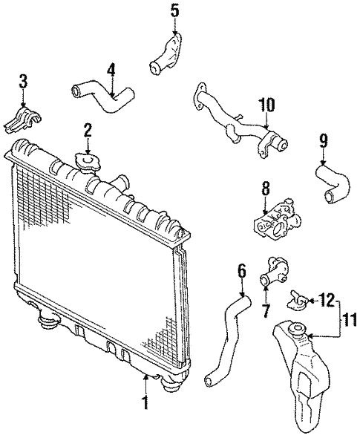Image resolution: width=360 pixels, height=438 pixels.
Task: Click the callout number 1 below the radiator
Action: pos(145,403)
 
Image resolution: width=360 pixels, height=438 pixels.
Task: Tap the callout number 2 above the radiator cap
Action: pos(88,131)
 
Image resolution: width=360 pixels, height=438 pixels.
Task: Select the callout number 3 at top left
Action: pos(23,81)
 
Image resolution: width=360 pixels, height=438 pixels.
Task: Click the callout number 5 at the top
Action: pos(174,10)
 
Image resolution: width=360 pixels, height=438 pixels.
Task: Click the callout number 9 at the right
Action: pos(323,140)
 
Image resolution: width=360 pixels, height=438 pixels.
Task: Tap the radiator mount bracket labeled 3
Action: pos(25,117)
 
